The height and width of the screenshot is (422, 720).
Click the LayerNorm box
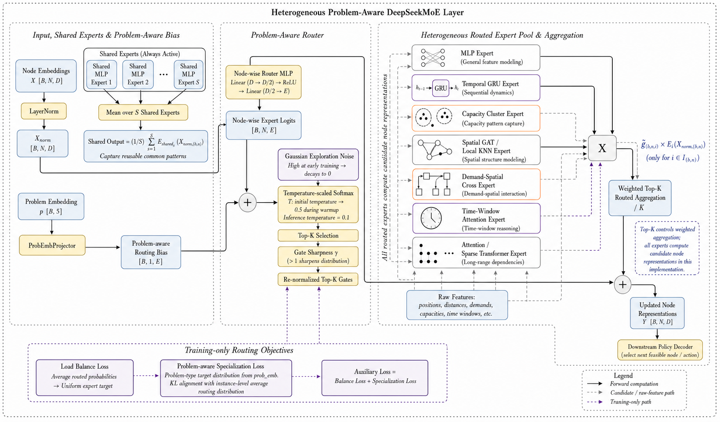[x=44, y=111]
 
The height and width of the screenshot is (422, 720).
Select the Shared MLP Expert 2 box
[x=138, y=74]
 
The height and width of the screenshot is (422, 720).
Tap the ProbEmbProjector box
[x=52, y=245]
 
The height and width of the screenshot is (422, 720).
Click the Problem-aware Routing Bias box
[x=151, y=252]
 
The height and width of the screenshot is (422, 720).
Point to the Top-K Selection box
[x=318, y=236]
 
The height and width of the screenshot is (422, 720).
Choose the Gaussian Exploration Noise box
[x=318, y=165]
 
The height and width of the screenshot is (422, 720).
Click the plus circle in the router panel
[x=247, y=203]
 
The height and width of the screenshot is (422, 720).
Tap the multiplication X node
[x=602, y=148]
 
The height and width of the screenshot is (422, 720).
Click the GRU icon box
[x=441, y=88]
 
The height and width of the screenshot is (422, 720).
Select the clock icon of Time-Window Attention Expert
[x=431, y=218]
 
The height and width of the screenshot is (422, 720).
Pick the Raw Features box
[x=457, y=305]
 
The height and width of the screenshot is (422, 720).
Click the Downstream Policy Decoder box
[x=660, y=350]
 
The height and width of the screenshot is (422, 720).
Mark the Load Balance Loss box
[x=84, y=378]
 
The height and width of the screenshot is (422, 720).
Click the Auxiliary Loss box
[x=375, y=378]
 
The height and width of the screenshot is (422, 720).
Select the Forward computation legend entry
[x=622, y=384]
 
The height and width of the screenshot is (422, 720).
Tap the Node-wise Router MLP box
[x=263, y=82]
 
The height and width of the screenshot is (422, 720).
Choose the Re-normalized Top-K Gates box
[x=318, y=280]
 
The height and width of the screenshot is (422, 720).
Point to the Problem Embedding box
[x=51, y=207]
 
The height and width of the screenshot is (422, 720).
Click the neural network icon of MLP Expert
[x=433, y=58]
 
